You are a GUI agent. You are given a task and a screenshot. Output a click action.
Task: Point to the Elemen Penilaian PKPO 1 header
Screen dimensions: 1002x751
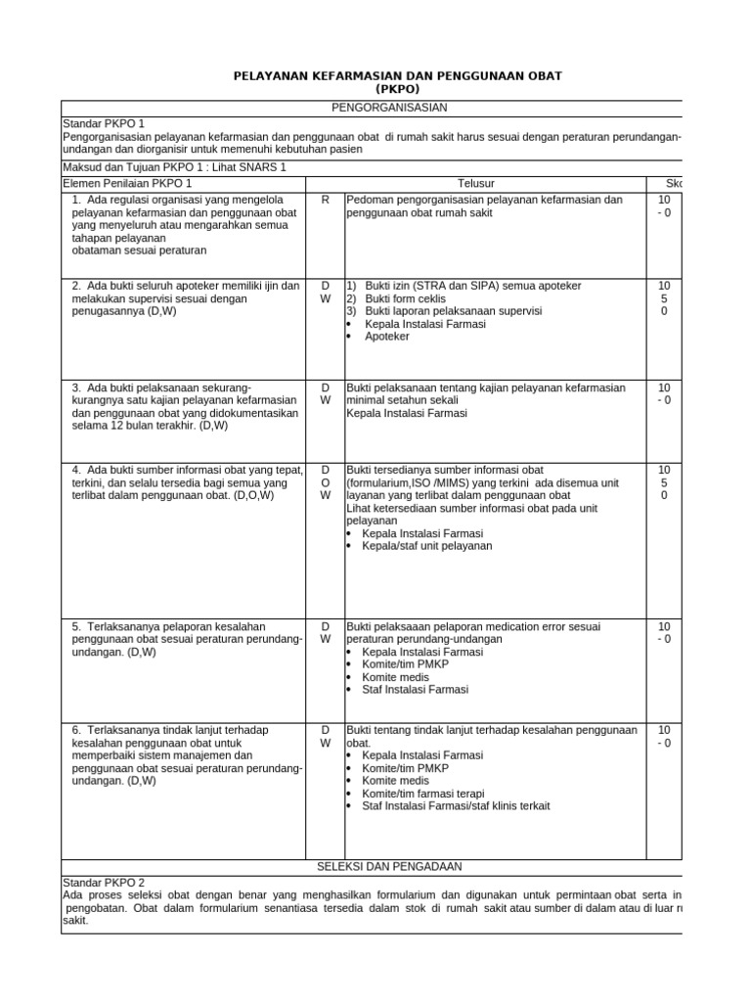[x=127, y=183]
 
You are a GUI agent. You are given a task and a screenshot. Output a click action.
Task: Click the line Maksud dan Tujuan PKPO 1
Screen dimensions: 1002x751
[x=175, y=167]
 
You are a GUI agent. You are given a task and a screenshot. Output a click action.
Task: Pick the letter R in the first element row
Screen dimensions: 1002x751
[x=325, y=200]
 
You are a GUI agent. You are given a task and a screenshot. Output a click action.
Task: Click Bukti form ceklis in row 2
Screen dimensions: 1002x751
[x=405, y=298]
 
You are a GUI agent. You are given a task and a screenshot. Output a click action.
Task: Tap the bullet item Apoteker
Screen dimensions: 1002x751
[x=387, y=337]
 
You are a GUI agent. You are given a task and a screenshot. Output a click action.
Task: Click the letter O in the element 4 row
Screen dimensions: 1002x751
[x=325, y=482]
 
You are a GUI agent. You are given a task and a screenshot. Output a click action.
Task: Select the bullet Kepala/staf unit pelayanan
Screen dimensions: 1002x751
[x=427, y=546]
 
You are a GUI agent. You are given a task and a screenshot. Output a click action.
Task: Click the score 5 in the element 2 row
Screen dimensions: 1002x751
[x=664, y=298]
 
